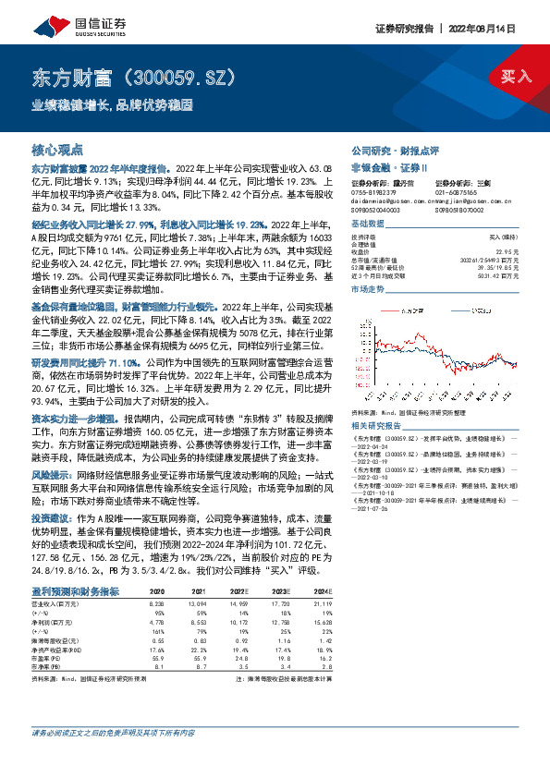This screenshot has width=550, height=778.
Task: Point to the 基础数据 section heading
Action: (366, 225)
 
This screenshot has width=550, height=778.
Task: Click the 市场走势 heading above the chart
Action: (366, 290)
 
